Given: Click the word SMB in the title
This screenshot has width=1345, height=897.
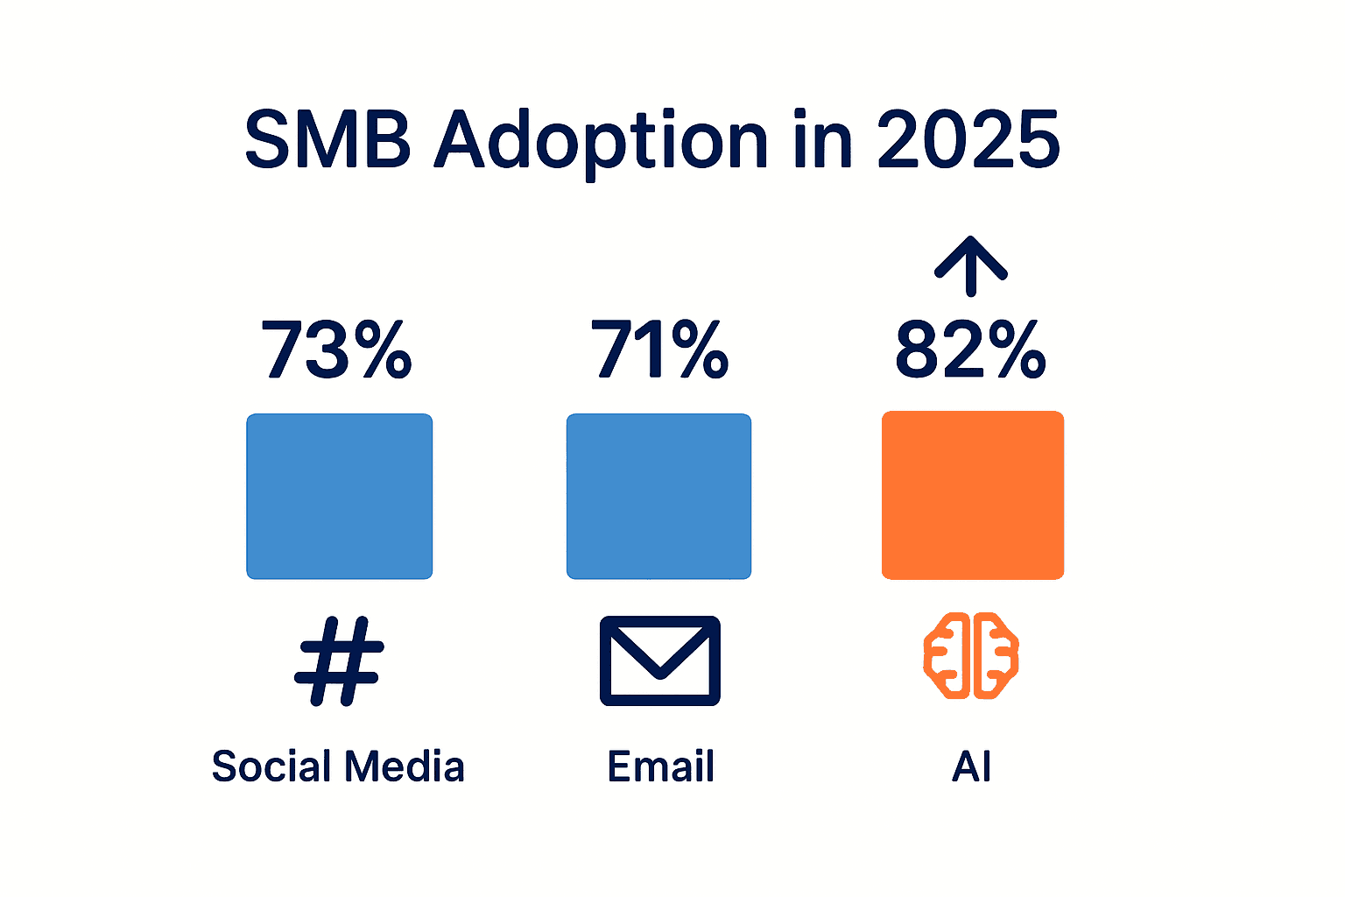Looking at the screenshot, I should point(327,140).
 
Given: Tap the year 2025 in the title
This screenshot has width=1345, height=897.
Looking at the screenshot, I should point(968,140).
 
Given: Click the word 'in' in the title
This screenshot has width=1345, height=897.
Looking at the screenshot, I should point(822,140).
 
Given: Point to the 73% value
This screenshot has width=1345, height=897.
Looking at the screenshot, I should point(337,350).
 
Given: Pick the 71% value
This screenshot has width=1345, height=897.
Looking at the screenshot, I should point(659,350).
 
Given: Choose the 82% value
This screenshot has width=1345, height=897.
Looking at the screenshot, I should point(970,350).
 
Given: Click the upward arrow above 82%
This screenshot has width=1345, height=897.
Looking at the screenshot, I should point(970,265).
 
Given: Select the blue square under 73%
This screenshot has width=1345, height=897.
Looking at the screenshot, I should point(340,496).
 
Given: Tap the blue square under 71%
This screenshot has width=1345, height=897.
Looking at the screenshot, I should point(658,496).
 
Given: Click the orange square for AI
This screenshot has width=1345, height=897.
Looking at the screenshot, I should point(972,495).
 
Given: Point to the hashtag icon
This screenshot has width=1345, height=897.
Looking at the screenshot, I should point(339,660).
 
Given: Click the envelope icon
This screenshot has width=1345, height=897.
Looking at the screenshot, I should point(659,660).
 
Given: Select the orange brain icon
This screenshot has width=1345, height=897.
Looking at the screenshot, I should point(971,655).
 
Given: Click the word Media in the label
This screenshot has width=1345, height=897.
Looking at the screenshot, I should point(404,766).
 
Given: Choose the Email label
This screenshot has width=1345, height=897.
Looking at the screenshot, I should point(661,766).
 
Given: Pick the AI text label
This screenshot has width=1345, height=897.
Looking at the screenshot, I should point(971,766).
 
